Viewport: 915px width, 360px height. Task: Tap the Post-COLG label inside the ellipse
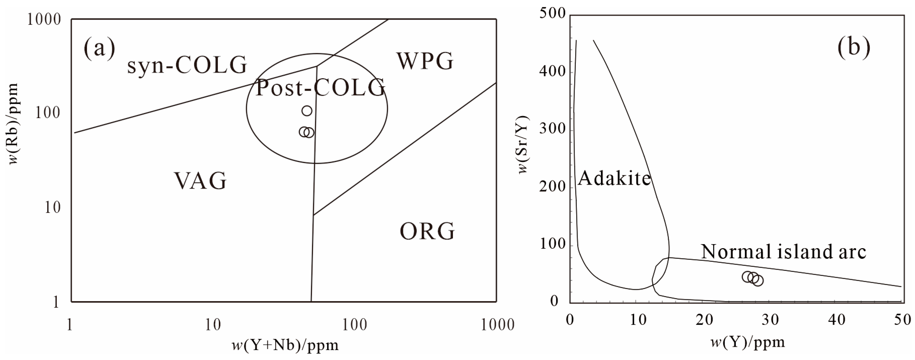coord(321,88)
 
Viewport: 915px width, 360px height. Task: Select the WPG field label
coord(425,61)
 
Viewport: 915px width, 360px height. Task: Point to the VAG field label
coord(200,181)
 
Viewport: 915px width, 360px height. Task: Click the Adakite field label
coord(614,178)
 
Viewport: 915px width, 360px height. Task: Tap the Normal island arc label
coord(784,252)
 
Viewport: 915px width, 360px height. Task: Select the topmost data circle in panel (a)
coord(307,111)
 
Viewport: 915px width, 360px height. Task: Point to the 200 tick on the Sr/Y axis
coord(552,187)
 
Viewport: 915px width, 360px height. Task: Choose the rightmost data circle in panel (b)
coord(758,281)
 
